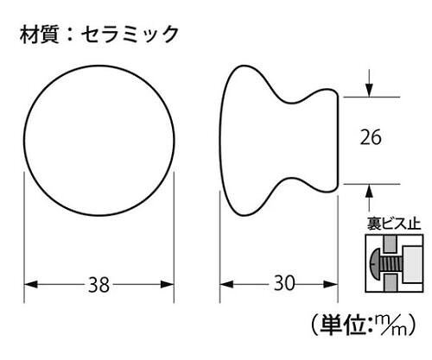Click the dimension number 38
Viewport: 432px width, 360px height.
pyautogui.click(x=98, y=285)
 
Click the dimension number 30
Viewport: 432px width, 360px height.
pyautogui.click(x=284, y=283)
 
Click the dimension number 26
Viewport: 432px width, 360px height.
pyautogui.click(x=371, y=137)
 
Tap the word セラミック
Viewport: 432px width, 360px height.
pyautogui.click(x=130, y=35)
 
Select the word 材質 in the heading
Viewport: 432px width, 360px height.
pyautogui.click(x=40, y=35)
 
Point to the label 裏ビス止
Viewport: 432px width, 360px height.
pyautogui.click(x=394, y=224)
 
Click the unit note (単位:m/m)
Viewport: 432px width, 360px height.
pyautogui.click(x=364, y=325)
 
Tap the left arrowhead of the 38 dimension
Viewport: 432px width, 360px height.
pyautogui.click(x=31, y=285)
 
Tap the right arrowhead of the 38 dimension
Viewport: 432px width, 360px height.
pyautogui.click(x=167, y=285)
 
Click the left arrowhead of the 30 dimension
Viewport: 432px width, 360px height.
pyautogui.click(x=226, y=285)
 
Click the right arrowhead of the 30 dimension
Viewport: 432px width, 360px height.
pyautogui.click(x=331, y=285)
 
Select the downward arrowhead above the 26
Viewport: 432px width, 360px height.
pyautogui.click(x=369, y=90)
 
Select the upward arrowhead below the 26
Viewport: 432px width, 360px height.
pyautogui.click(x=369, y=191)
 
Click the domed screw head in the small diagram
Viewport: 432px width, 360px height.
pyautogui.click(x=373, y=263)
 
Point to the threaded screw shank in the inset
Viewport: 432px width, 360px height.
pyautogui.click(x=391, y=263)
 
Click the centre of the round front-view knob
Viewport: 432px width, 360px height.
pyautogui.click(x=99, y=141)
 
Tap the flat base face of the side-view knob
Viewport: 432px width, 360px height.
pyautogui.click(x=338, y=141)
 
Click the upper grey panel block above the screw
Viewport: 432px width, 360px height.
pyautogui.click(x=391, y=244)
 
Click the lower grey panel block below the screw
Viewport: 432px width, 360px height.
pyautogui.click(x=391, y=282)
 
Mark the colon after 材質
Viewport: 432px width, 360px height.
pyautogui.click(x=70, y=35)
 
